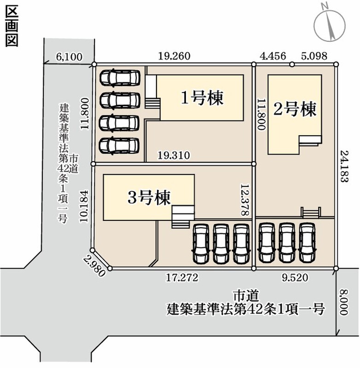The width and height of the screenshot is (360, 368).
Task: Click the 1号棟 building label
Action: [x=202, y=98]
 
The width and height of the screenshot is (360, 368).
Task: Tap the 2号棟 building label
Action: [x=295, y=109]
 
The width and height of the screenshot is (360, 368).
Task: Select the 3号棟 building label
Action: [x=149, y=197]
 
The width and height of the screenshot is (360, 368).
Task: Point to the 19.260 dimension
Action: [x=174, y=56]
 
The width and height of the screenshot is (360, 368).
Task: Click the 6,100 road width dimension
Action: [x=69, y=57]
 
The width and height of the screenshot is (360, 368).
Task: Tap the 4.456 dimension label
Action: [x=273, y=56]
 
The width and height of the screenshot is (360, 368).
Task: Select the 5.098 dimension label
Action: [x=314, y=56]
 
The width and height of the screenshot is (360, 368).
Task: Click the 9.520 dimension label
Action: [x=295, y=278]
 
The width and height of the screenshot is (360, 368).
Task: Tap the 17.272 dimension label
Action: [x=182, y=278]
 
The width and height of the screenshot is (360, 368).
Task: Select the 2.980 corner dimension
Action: [x=94, y=266]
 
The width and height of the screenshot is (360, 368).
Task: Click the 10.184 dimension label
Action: [x=84, y=206]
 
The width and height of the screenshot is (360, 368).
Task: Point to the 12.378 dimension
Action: [x=244, y=200]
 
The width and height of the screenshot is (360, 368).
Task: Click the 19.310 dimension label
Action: [x=174, y=155]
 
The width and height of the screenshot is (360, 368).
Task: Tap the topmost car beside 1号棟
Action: [x=120, y=77]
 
